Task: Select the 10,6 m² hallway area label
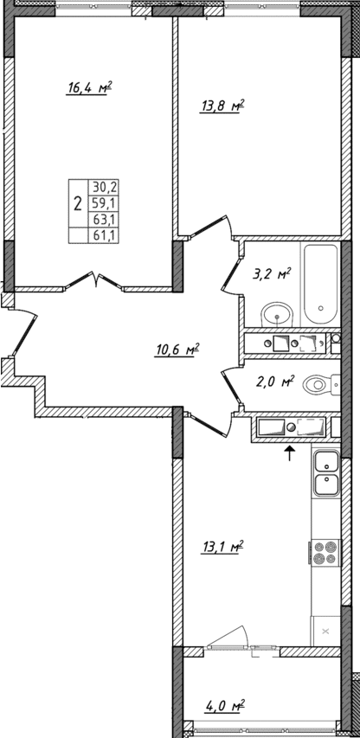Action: pos(178,350)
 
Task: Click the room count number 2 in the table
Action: pos(78,204)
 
